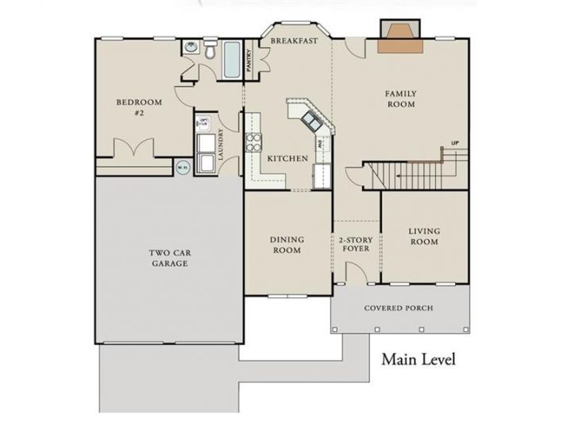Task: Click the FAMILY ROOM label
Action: click(401, 99)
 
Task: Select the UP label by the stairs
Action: click(455, 144)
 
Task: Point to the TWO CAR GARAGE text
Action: click(168, 258)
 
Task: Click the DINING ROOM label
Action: click(287, 245)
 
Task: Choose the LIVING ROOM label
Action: click(424, 237)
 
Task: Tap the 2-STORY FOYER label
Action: click(356, 245)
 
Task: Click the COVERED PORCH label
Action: click(399, 308)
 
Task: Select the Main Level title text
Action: click(418, 359)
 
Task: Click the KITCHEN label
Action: click(287, 159)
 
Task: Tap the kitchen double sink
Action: click(310, 122)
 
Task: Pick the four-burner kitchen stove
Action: click(254, 143)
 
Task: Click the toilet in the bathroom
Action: click(209, 53)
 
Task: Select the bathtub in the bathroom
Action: click(232, 60)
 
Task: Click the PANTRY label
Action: click(249, 62)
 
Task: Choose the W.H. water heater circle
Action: click(182, 168)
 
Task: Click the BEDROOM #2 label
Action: click(139, 107)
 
